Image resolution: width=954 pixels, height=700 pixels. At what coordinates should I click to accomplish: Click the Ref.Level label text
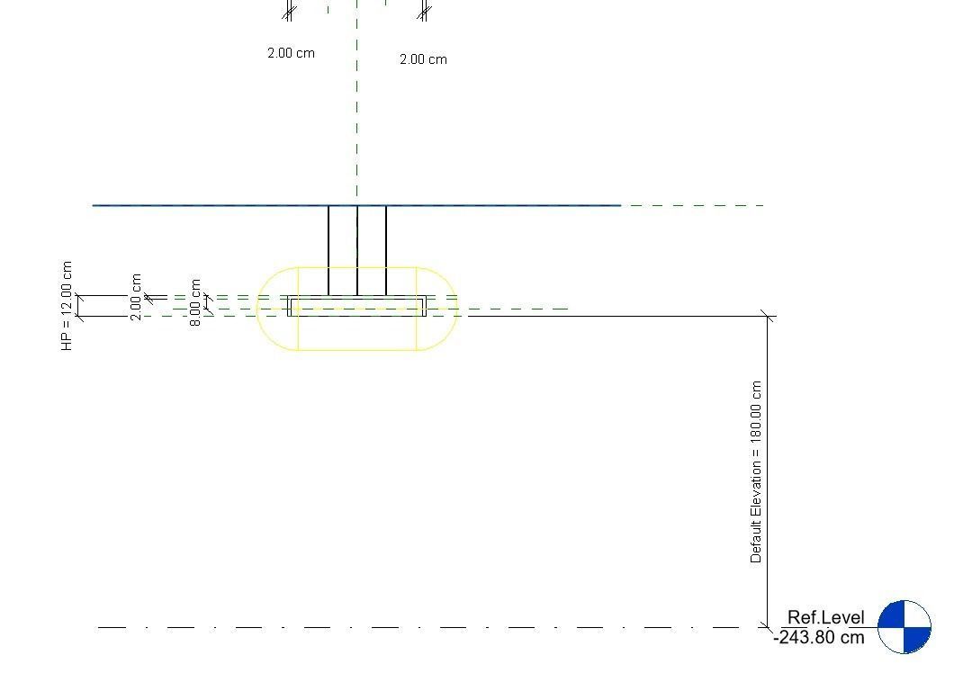[825, 618]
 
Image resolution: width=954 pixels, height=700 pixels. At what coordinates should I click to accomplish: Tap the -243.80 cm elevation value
[818, 638]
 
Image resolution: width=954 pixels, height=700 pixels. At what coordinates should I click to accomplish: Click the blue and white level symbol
[904, 627]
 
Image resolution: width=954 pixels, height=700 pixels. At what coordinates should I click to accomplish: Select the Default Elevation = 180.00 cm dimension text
[756, 471]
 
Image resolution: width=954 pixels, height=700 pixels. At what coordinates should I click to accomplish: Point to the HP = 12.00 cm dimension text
[67, 306]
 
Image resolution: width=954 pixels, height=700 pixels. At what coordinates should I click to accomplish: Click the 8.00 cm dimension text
[195, 301]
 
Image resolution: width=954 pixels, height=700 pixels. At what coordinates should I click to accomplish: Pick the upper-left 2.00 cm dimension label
[291, 53]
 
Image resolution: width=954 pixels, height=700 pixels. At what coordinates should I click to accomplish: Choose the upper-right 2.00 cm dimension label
[423, 59]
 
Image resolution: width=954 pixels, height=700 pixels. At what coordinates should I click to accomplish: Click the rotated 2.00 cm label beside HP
[136, 297]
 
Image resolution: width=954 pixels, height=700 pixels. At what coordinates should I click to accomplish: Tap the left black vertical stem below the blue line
[328, 249]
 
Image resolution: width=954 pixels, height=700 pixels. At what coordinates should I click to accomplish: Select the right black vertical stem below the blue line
[386, 249]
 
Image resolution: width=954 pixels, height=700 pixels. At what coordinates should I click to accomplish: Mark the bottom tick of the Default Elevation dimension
[767, 626]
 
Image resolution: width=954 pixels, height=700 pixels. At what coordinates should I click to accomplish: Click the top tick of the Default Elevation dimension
[767, 316]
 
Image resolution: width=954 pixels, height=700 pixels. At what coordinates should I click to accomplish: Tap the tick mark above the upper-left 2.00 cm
[289, 13]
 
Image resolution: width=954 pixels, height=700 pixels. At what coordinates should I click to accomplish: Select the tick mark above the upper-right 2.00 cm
[424, 13]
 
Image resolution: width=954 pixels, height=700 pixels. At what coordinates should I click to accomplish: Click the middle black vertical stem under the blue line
[357, 249]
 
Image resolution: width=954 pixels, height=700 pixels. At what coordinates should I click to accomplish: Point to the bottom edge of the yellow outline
[357, 349]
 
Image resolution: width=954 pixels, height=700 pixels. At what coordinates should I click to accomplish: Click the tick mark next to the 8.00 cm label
[207, 297]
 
